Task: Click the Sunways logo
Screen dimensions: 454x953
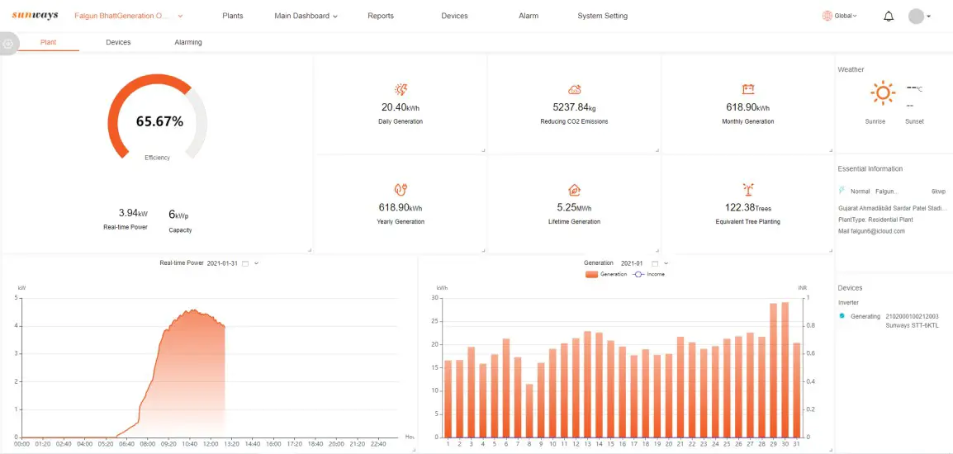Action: pos(35,16)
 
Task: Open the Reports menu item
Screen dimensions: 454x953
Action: pos(381,16)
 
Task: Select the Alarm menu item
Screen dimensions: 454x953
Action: pos(529,16)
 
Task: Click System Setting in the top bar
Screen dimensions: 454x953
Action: pos(602,16)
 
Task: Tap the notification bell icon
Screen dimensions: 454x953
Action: pos(889,16)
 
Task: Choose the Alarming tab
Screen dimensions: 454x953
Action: pos(188,42)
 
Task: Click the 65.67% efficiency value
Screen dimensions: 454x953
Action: pos(159,121)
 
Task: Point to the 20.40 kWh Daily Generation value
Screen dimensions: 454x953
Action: pos(401,107)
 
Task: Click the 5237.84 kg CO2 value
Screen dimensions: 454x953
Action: pos(574,107)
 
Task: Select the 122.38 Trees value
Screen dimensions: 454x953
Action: pos(747,207)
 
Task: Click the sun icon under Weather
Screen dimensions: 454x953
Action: pos(883,93)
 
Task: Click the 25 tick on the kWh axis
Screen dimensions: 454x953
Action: pos(434,321)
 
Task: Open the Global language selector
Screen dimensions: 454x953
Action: pos(840,16)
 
